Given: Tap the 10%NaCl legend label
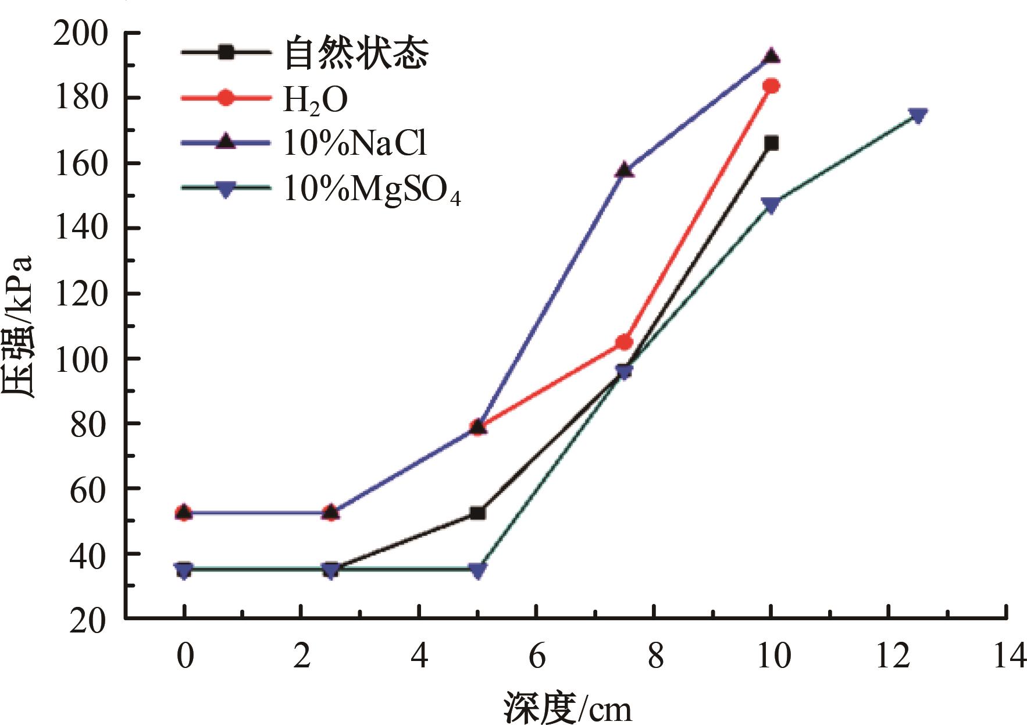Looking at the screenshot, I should (355, 143).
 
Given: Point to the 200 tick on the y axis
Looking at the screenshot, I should (81, 34).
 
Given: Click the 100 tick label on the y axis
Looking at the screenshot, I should (81, 358).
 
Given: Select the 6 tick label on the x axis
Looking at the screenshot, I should (537, 656).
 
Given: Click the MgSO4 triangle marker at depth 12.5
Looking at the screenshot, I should (917, 115).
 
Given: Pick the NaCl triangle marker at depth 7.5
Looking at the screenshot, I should (624, 170).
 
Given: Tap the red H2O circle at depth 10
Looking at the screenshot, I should (771, 86).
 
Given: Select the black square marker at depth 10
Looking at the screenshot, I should (771, 143).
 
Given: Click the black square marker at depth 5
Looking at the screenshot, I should (477, 513).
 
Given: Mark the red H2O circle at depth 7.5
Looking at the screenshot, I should (624, 342).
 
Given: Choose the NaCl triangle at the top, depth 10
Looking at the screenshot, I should (771, 56).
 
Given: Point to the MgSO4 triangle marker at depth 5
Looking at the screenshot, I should (477, 571).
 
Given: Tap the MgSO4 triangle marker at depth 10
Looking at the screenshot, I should (771, 205).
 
